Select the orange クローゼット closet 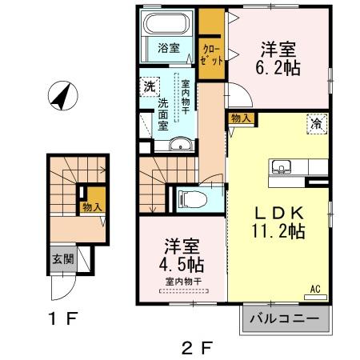(211, 48)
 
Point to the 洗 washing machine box (149, 86)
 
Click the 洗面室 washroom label (163, 114)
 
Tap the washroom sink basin (182, 144)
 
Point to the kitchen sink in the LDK (281, 166)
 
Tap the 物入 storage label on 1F (92, 207)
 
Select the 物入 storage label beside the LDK (242, 118)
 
